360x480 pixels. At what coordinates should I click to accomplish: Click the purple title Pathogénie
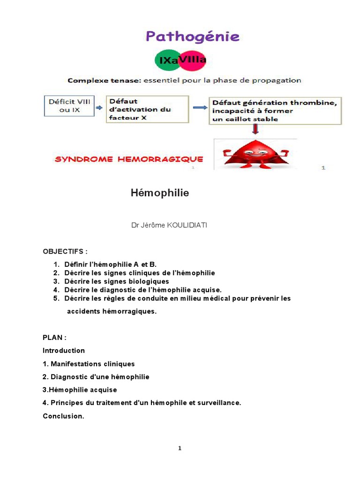pos(193,37)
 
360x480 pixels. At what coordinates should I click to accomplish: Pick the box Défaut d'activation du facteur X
pos(147,109)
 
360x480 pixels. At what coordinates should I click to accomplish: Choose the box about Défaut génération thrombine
pos(275,111)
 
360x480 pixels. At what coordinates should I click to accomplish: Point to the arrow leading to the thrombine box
pos(200,107)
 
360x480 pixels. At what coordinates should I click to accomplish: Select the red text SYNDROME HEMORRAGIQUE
pos(129,159)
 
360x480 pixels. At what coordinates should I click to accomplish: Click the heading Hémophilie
pos(159,193)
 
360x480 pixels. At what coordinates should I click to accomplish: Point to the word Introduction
pos(64,351)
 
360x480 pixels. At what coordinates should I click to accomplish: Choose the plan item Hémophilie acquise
pos(82,390)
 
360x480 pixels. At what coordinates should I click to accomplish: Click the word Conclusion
pos(63,416)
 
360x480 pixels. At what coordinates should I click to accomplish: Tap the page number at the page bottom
pos(180,448)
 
